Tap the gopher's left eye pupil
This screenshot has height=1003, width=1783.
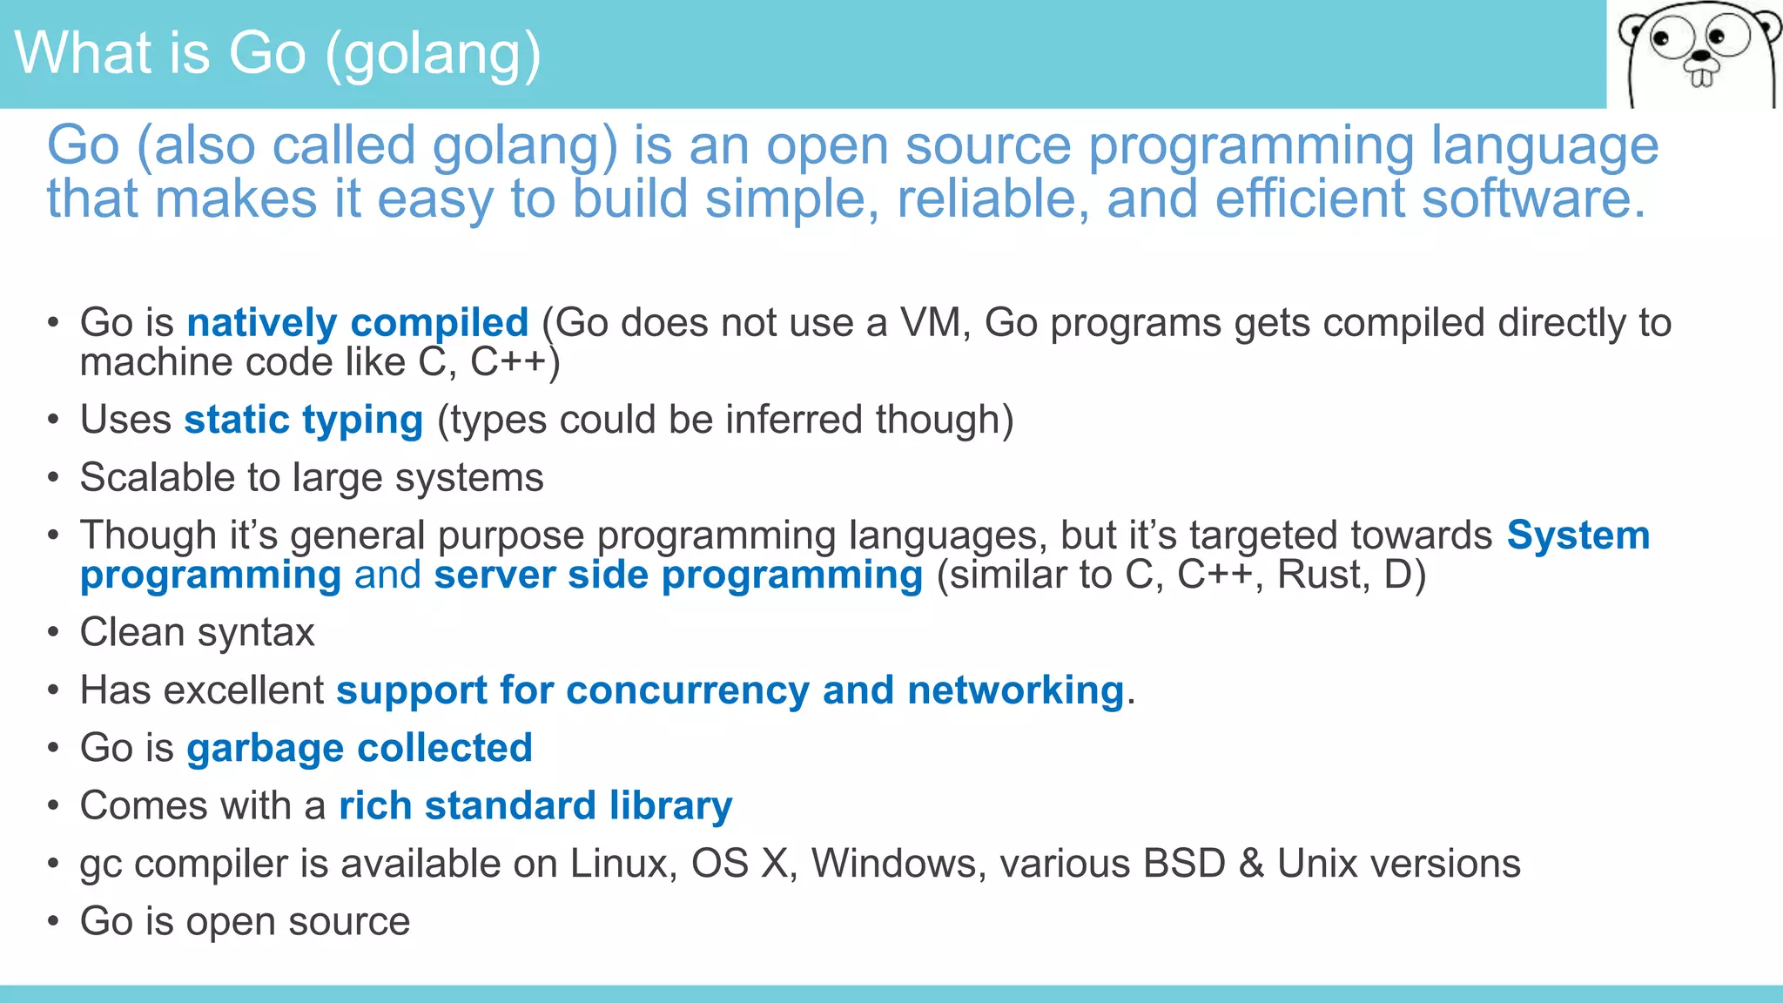(x=1661, y=39)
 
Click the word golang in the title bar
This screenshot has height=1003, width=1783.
(x=432, y=54)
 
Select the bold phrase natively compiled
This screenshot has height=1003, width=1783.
(x=357, y=323)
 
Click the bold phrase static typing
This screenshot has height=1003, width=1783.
(x=303, y=420)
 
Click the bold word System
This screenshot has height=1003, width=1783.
(x=1578, y=535)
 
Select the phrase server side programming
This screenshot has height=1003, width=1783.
(x=678, y=576)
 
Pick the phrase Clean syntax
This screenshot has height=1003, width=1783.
(x=197, y=633)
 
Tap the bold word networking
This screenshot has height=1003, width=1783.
(x=1015, y=690)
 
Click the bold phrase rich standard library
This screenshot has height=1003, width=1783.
(x=535, y=806)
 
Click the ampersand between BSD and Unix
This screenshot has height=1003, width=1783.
(x=1251, y=864)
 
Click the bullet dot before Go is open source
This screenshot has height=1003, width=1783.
(x=54, y=921)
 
